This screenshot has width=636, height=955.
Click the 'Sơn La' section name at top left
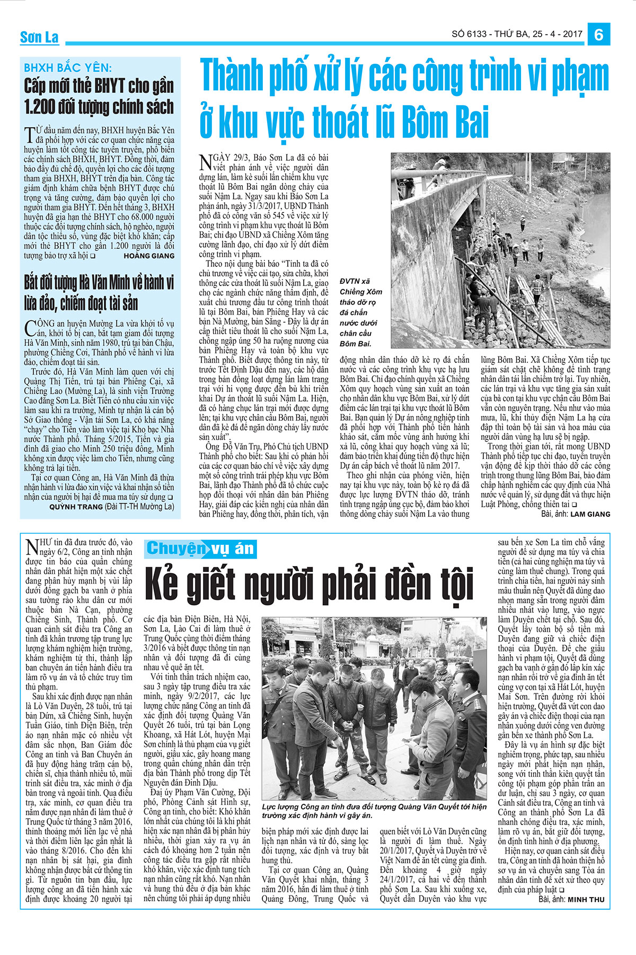point(39,38)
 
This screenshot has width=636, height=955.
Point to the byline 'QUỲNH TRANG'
point(76,507)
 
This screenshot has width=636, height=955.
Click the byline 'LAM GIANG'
point(590,514)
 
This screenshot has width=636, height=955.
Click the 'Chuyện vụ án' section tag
point(200,548)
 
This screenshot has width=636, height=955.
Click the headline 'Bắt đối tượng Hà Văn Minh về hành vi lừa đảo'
point(99,292)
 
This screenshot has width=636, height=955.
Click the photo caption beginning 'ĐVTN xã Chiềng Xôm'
point(361,312)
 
